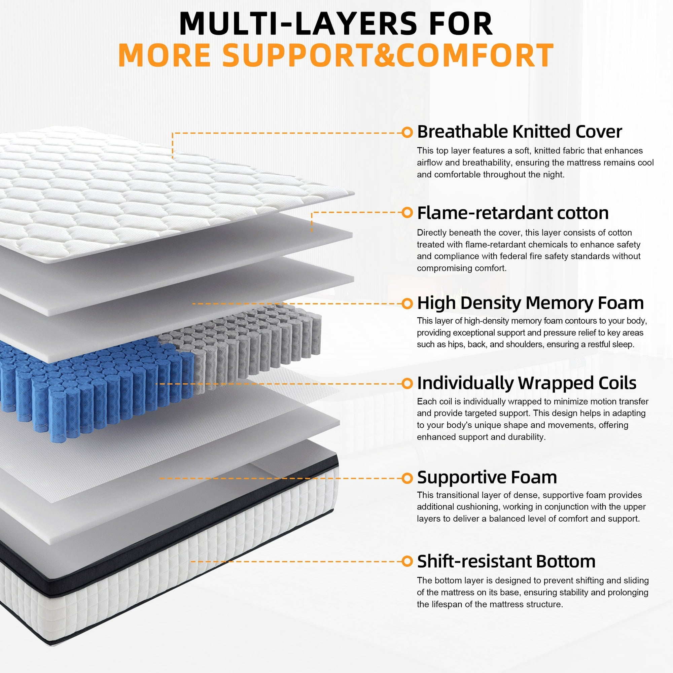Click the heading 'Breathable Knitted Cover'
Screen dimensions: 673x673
tap(519, 132)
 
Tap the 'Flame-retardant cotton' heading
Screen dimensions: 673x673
tap(512, 213)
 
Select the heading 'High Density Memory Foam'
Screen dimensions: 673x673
tap(530, 303)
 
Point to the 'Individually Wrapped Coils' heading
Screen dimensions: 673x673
tap(526, 384)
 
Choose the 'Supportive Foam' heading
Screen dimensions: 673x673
tap(487, 477)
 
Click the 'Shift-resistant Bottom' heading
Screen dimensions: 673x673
tap(506, 562)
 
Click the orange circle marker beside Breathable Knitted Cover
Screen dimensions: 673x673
tap(406, 132)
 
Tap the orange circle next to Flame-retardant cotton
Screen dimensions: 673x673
tap(406, 212)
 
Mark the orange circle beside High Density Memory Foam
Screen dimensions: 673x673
tap(406, 304)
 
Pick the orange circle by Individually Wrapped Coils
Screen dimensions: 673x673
tap(406, 384)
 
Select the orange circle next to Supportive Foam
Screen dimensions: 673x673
tap(406, 478)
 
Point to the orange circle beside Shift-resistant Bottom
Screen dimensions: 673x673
tap(406, 562)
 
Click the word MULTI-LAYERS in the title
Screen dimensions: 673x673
tap(297, 24)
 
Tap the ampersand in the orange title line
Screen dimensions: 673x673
tap(384, 55)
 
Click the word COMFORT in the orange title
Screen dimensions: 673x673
tap(474, 55)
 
